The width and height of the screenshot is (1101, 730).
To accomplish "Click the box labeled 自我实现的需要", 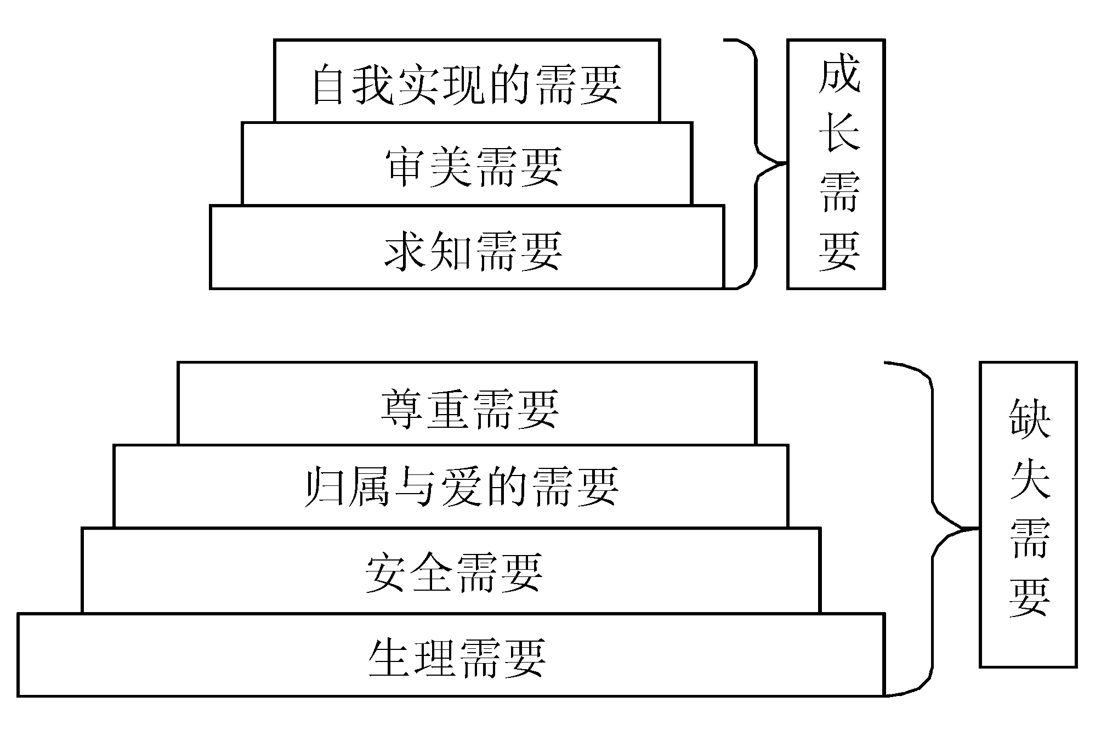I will click(x=467, y=81).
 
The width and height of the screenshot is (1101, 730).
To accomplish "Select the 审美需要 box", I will click(x=467, y=165).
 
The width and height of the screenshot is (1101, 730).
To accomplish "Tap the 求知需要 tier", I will click(x=467, y=248).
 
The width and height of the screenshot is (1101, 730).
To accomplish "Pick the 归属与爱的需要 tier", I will click(x=451, y=486).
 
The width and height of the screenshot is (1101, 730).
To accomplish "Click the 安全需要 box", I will click(x=451, y=570).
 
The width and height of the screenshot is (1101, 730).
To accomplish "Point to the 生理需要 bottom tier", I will click(x=451, y=655).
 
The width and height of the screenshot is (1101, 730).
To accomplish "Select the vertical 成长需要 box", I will click(x=836, y=164).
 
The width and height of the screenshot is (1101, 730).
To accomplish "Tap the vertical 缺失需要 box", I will click(x=1028, y=514).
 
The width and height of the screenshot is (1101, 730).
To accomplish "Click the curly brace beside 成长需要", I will click(x=756, y=163).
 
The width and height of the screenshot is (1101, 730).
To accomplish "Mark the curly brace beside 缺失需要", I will click(x=933, y=529).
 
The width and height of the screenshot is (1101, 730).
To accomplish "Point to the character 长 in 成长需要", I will click(x=838, y=134).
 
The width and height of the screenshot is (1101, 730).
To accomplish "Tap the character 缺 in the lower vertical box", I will click(x=1029, y=419).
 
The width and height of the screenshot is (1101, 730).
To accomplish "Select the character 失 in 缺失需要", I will click(x=1029, y=478).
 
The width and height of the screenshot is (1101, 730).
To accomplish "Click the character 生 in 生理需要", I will click(x=389, y=657).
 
